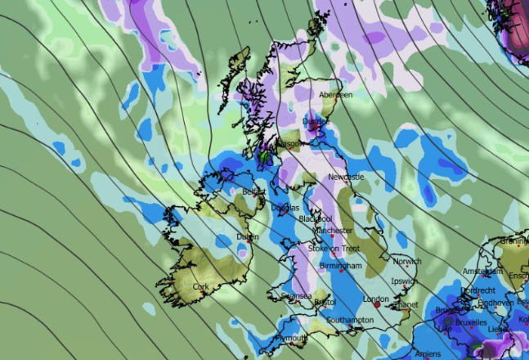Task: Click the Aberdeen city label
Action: point(335,95)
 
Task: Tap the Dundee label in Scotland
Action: point(316,122)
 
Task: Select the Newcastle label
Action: point(346,177)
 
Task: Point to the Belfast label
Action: point(255,191)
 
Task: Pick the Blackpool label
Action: point(315,219)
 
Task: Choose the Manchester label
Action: point(330,231)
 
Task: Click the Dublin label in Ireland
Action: point(247,236)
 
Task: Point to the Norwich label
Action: point(406,262)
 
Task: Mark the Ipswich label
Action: point(403,281)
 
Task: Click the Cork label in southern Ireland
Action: point(200,287)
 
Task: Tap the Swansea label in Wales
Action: point(294,295)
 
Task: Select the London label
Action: point(375,299)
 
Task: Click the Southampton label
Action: point(350,320)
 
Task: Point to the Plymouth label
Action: point(291,338)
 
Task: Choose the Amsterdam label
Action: point(481,271)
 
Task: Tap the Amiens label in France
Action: point(426,353)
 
